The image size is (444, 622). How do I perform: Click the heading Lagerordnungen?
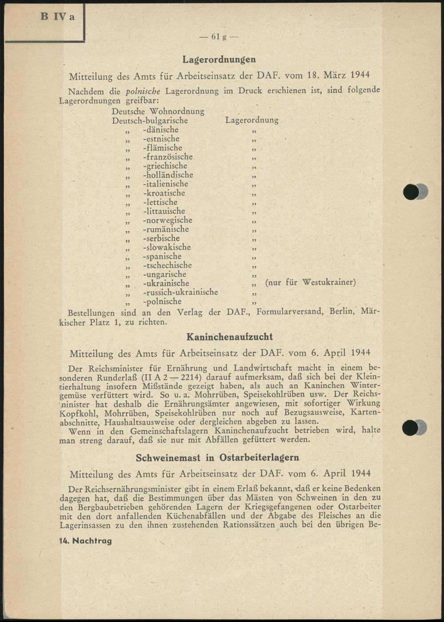(x=219, y=59)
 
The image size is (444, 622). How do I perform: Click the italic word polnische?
(x=143, y=92)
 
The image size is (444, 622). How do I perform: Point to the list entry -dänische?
(x=160, y=130)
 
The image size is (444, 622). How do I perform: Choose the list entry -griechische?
(x=165, y=166)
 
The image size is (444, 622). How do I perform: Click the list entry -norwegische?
(x=167, y=220)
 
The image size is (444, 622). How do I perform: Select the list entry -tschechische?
(x=167, y=266)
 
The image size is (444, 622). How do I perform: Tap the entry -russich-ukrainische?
(x=180, y=293)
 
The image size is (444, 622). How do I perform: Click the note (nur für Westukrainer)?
(x=310, y=282)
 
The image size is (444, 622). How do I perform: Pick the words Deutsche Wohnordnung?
(x=158, y=111)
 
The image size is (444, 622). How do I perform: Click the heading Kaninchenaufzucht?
(x=230, y=337)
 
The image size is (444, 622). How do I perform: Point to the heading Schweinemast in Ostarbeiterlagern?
(x=217, y=458)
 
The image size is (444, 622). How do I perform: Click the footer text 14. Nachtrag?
(x=85, y=541)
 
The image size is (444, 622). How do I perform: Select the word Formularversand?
(x=290, y=312)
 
